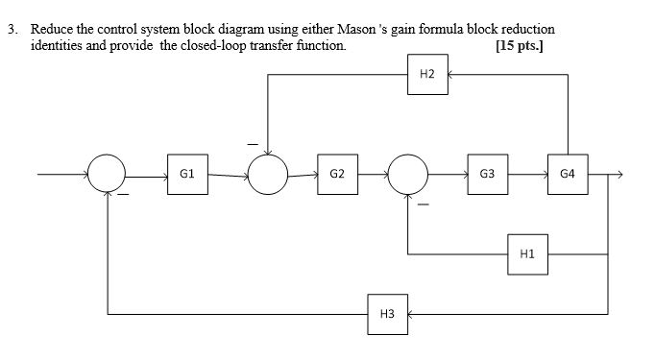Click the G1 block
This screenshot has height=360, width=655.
(x=187, y=175)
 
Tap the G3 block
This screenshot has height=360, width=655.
(x=488, y=175)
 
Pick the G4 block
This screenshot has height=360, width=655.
(x=568, y=175)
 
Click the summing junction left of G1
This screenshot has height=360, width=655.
(x=109, y=176)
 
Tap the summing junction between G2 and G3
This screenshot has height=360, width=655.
(x=409, y=176)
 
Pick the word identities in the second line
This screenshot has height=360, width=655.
(x=57, y=45)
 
